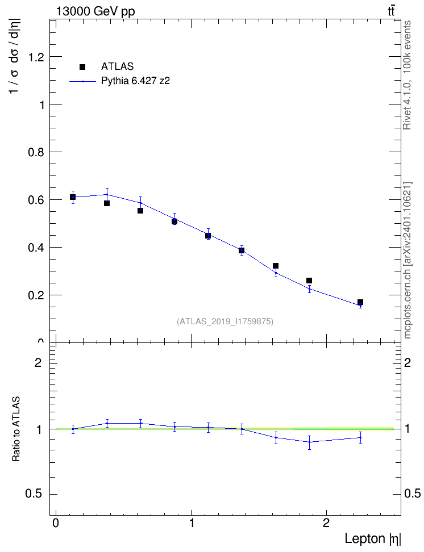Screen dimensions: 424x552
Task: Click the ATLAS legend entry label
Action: pyautogui.click(x=117, y=66)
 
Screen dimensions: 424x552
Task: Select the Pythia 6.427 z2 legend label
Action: pyautogui.click(x=135, y=81)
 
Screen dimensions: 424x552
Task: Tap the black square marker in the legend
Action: pyautogui.click(x=82, y=67)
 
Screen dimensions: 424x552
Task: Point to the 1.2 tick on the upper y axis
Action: pyautogui.click(x=36, y=57)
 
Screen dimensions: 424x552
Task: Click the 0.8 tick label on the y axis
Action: pyautogui.click(x=36, y=152)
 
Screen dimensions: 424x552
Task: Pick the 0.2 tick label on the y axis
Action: pyautogui.click(x=36, y=295)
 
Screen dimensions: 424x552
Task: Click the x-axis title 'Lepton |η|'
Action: pyautogui.click(x=372, y=539)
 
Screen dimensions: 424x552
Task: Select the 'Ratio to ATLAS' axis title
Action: pyautogui.click(x=16, y=429)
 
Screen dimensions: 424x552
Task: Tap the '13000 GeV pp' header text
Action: pyautogui.click(x=95, y=11)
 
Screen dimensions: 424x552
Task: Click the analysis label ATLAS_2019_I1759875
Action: pyautogui.click(x=225, y=321)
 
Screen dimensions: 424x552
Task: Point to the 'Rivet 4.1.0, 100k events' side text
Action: pyautogui.click(x=407, y=76)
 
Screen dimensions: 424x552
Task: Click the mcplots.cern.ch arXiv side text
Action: pyautogui.click(x=407, y=260)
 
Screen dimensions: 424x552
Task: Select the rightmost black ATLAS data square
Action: pyautogui.click(x=360, y=302)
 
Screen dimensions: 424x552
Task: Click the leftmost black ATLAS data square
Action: pyautogui.click(x=73, y=197)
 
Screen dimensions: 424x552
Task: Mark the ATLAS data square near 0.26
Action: pyautogui.click(x=309, y=281)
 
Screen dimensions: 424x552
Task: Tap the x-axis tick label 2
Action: pyautogui.click(x=326, y=523)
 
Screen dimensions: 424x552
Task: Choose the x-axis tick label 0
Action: pyautogui.click(x=56, y=523)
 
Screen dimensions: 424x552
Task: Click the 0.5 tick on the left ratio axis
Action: pyautogui.click(x=34, y=494)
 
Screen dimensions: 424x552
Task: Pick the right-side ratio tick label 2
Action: pyautogui.click(x=408, y=362)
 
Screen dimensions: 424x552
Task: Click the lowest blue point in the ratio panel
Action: pyautogui.click(x=309, y=442)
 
